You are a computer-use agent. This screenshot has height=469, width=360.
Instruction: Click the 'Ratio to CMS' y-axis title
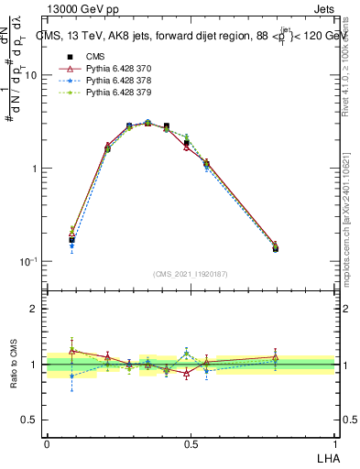click(x=12, y=365)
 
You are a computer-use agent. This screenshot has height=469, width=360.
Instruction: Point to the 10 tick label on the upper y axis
click(x=31, y=76)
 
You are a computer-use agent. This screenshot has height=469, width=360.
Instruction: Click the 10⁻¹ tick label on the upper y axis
click(x=28, y=261)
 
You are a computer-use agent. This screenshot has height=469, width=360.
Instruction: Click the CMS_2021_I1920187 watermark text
click(x=191, y=274)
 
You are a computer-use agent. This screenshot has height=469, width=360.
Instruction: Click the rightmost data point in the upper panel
click(x=276, y=247)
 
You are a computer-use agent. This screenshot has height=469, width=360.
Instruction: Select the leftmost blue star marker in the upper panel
click(x=71, y=245)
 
